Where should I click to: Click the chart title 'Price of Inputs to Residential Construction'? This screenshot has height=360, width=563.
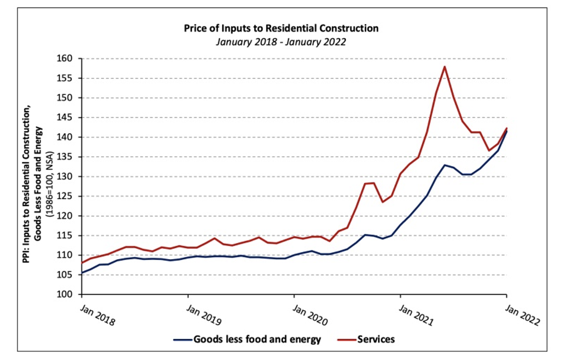[281, 28]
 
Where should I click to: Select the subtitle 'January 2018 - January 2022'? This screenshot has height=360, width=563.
[281, 42]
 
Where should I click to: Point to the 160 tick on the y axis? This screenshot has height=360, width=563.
[64, 58]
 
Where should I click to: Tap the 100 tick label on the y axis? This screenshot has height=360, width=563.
[64, 294]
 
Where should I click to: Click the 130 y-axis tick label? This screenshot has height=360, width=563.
[64, 177]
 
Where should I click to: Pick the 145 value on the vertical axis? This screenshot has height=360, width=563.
[64, 117]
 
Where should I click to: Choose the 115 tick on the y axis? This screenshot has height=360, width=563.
[64, 235]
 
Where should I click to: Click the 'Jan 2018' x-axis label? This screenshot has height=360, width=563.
[97, 315]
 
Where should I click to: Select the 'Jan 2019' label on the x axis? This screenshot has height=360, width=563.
[204, 315]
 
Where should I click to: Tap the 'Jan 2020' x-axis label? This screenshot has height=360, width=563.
[310, 315]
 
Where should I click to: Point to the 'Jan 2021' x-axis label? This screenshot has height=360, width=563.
[416, 315]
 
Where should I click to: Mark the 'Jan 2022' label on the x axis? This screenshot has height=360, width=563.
[522, 315]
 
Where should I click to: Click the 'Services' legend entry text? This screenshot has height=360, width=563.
[376, 339]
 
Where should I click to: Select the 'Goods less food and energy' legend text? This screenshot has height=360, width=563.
[257, 339]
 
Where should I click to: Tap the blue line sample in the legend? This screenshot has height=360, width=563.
[183, 339]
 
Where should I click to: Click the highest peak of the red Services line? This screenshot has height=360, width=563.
[444, 67]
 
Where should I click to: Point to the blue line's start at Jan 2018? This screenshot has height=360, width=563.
[82, 273]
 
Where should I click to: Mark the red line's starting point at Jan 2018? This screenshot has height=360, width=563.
[82, 263]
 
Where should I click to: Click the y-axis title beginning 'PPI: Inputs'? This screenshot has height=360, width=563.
[32, 184]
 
